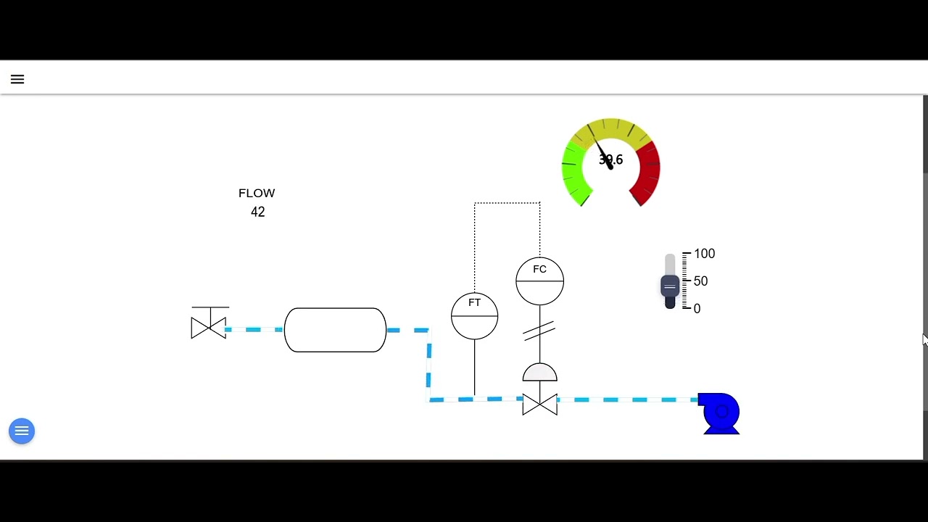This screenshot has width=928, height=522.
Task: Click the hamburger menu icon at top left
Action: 17,80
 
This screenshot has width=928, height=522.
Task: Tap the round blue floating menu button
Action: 22,431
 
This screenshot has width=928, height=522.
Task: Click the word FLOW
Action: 257,194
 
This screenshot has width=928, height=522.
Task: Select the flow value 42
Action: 258,212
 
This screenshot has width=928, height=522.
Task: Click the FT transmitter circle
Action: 474,315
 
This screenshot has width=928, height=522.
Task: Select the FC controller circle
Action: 539,281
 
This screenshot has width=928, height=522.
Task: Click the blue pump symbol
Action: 720,414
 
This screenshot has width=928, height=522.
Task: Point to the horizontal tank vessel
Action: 335,330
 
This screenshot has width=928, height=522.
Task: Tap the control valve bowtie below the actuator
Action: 540,405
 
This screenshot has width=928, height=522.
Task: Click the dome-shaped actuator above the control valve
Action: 540,373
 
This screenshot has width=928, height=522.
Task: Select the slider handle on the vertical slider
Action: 670,286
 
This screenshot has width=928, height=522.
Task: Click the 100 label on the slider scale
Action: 704,254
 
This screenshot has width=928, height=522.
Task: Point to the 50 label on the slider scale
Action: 700,281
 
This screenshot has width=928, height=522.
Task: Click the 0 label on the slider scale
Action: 697,309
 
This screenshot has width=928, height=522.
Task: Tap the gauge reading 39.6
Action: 610,160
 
